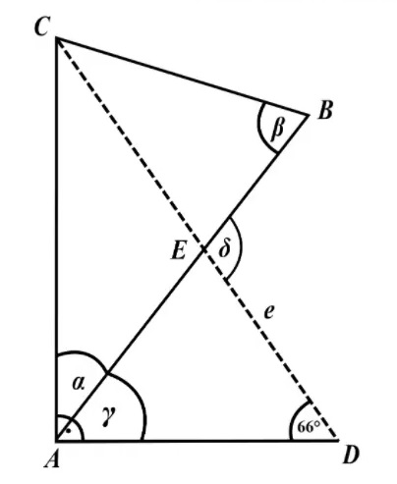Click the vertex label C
pyautogui.click(x=42, y=27)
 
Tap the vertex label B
pyautogui.click(x=325, y=110)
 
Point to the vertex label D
pyautogui.click(x=351, y=455)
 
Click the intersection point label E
pyautogui.click(x=179, y=250)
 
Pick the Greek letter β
pyautogui.click(x=277, y=129)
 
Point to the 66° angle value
pyautogui.click(x=309, y=427)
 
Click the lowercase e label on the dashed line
pyautogui.click(x=268, y=312)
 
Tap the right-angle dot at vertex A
pyautogui.click(x=68, y=431)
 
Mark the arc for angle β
pyautogui.click(x=262, y=130)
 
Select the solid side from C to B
pyautogui.click(x=183, y=77)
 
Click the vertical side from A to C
pyautogui.click(x=57, y=240)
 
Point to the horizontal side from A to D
pyautogui.click(x=198, y=441)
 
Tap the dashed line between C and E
pyautogui.click(x=130, y=143)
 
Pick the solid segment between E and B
pyautogui.click(x=256, y=183)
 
